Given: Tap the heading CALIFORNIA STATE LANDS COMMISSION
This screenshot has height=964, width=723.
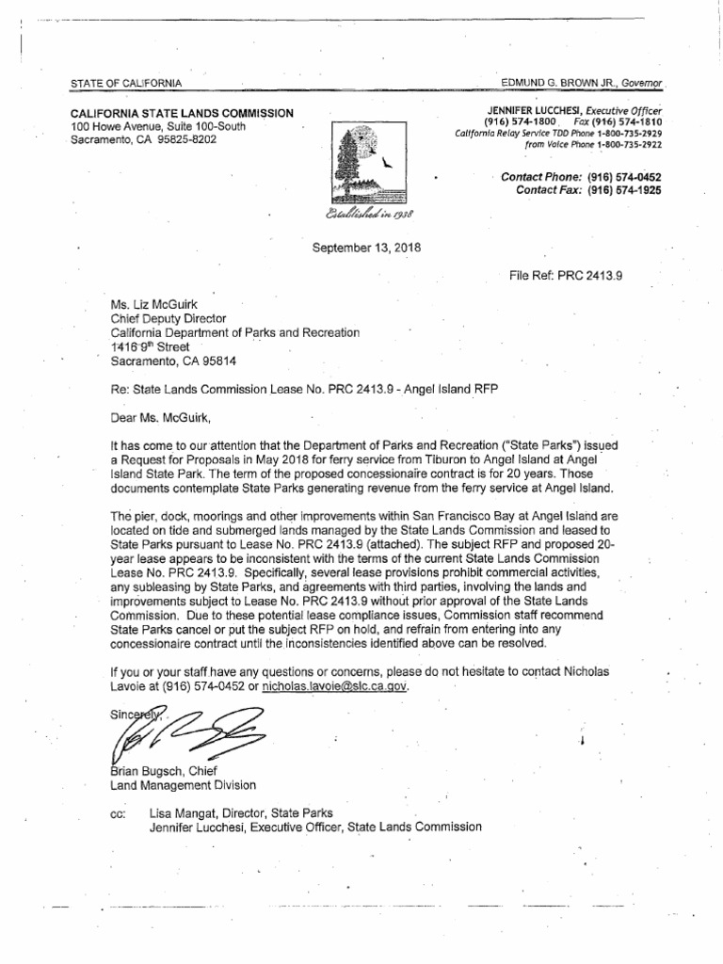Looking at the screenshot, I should coord(182,113).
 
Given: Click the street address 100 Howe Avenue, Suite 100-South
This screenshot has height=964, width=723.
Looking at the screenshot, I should coord(159,126).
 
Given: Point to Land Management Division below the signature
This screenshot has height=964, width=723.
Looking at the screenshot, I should coord(183,784).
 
